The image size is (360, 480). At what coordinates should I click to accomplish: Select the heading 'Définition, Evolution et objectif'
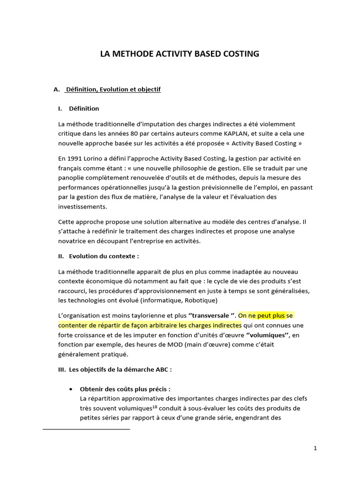coord(113,89)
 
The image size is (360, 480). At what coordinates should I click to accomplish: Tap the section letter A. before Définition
coord(57,89)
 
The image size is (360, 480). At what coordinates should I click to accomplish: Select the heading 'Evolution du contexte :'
coord(104,256)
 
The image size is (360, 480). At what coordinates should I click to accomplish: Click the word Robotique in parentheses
coord(202,300)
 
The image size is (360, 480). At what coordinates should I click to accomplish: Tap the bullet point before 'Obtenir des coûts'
coord(70,389)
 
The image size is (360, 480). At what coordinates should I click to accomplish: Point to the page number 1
coord(315,448)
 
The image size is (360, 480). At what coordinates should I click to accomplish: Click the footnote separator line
coord(86,429)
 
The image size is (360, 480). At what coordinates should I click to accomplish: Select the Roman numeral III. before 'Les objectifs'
coord(62,369)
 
